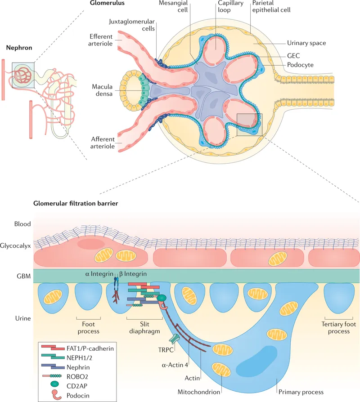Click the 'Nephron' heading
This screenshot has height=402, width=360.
pyautogui.click(x=18, y=47)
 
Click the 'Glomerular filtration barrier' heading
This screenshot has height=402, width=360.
pyautogui.click(x=76, y=203)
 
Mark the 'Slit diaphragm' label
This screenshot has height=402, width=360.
pyautogui.click(x=144, y=328)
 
